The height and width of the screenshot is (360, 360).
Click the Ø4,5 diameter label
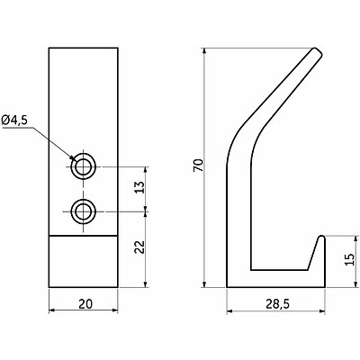click(14, 120)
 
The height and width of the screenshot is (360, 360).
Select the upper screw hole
click(83, 166)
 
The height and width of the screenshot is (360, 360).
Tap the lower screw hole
click(83, 211)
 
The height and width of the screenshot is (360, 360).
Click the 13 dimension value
click(139, 187)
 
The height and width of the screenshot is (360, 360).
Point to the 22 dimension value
click(139, 247)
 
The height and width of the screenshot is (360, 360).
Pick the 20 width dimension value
click(85, 304)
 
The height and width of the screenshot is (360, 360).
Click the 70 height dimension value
click(198, 166)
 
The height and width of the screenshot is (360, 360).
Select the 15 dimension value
click(349, 259)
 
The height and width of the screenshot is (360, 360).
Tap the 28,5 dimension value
click(277, 304)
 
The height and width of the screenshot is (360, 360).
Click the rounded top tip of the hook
click(317, 52)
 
